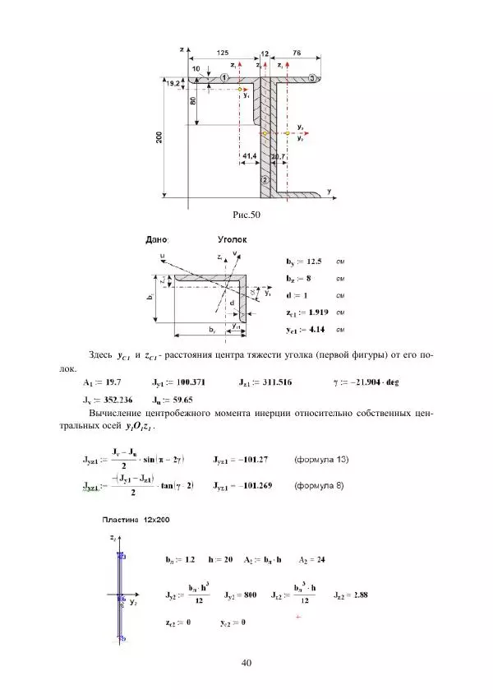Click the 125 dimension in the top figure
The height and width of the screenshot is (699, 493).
223,53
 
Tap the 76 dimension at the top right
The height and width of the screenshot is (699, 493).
296,53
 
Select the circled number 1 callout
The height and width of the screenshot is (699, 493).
224,76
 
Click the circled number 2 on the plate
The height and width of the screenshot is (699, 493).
265,179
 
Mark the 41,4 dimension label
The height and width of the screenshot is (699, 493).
251,155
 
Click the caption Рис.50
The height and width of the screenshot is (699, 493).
246,215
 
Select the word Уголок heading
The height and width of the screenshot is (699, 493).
233,239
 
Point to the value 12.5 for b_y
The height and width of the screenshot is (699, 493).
314,261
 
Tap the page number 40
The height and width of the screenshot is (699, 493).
246,663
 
